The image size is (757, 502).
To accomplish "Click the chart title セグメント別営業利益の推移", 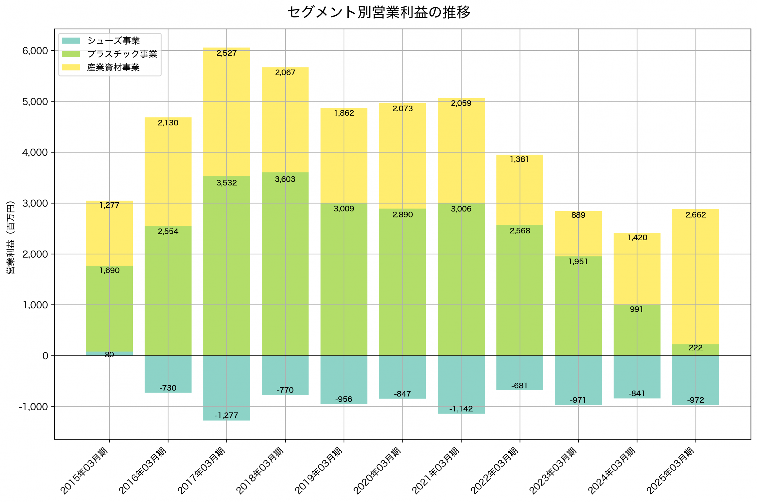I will (x=378, y=12).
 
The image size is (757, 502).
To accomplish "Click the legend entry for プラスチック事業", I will (x=122, y=54).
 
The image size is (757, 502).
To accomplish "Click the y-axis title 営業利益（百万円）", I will (x=11, y=237).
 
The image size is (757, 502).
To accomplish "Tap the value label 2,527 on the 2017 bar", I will (x=227, y=54).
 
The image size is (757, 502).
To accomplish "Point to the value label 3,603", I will (x=285, y=179).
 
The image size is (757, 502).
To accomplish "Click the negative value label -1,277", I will (x=227, y=416).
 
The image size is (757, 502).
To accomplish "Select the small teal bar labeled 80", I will (x=109, y=354).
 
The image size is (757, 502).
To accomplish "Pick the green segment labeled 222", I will (x=695, y=350).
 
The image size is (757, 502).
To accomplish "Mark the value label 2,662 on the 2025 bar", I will (x=695, y=215).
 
